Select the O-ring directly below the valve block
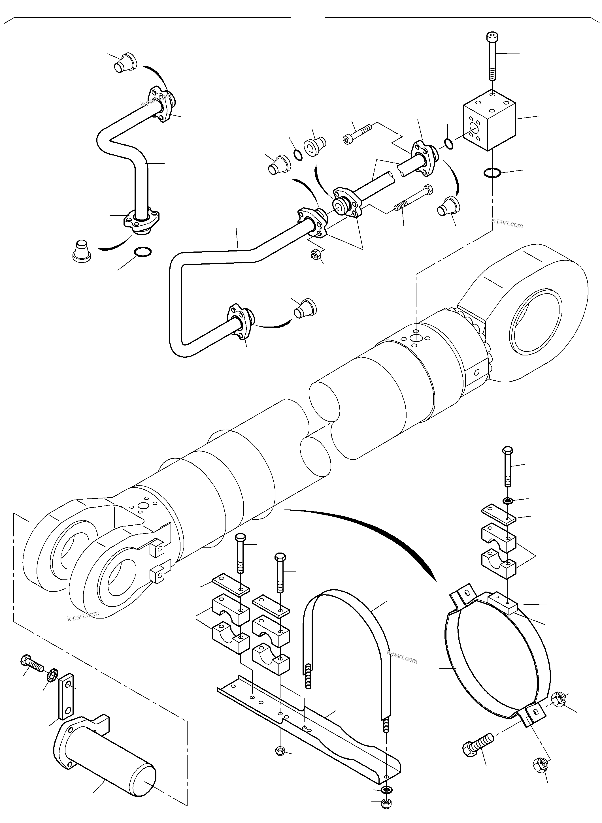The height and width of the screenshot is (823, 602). coord(493,173)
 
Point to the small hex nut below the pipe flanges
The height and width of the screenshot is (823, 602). coord(316,254)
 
